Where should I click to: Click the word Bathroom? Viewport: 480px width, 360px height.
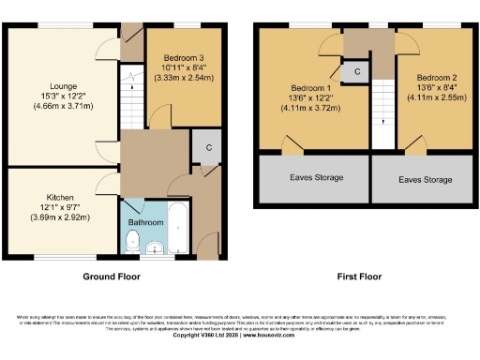pos(145,223)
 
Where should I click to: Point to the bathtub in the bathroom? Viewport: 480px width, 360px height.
pos(178,228)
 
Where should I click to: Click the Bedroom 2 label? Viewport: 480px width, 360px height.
pos(436,78)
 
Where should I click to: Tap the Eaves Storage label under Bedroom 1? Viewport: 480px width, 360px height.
pos(314,177)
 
